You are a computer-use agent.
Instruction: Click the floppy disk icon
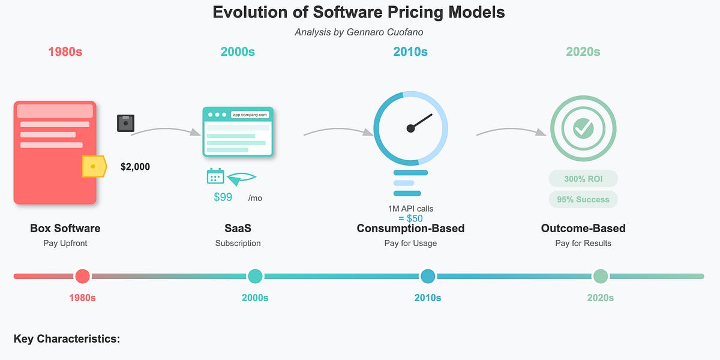[125, 123]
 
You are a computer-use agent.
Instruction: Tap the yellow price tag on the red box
[94, 167]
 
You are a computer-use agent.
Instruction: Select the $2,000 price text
[135, 167]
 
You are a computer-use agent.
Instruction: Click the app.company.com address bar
[250, 115]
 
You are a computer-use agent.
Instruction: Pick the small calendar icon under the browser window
[215, 176]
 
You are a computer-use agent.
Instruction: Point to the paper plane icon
[241, 179]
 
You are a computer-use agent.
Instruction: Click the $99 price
[223, 197]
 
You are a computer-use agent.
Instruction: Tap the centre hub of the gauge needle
[410, 128]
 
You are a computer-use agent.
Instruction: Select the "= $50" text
[410, 218]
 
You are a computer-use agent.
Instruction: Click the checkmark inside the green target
[583, 128]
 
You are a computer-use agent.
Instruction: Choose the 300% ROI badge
[583, 179]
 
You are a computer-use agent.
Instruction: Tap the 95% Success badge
[583, 199]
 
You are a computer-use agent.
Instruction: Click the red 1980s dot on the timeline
[83, 277]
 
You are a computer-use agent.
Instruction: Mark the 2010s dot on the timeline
[428, 277]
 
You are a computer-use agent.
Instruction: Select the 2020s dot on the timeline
[601, 277]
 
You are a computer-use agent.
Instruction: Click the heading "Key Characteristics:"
[67, 339]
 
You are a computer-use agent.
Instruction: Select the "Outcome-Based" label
[583, 228]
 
